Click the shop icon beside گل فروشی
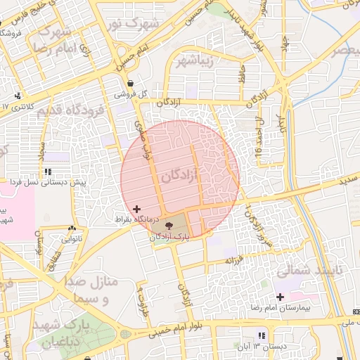coord(131,83)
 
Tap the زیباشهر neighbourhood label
coord(200,59)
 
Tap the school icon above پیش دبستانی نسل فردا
coord(47,171)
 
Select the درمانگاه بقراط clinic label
coord(138,220)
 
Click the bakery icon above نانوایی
coord(71,229)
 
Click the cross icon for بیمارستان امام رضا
coord(281,297)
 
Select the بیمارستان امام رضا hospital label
coord(281,308)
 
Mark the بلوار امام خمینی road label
coord(184,330)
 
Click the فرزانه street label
coord(233,261)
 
